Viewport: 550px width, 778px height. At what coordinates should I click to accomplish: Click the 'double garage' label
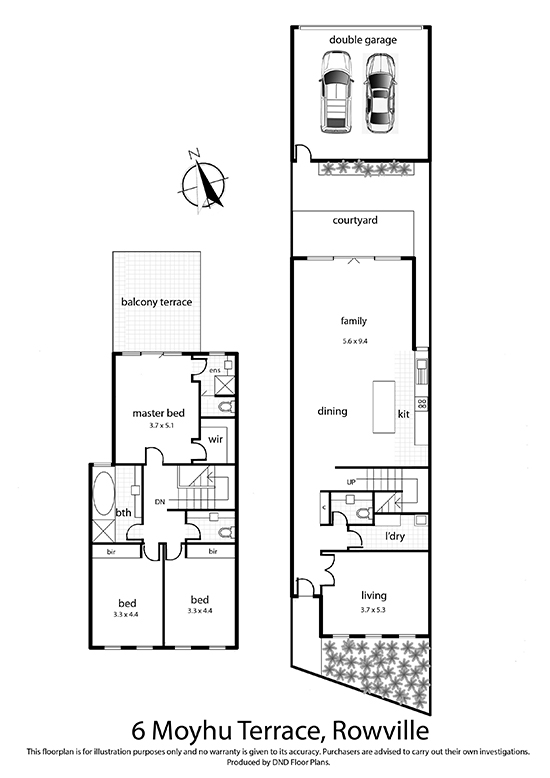363,40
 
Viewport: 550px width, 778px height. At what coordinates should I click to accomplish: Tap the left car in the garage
337,92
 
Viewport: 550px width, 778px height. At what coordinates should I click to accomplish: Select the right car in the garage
380,92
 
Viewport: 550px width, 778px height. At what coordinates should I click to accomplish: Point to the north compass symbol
203,182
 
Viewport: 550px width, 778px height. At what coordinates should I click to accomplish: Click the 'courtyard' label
355,220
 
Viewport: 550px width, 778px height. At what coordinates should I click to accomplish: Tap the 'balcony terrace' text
156,302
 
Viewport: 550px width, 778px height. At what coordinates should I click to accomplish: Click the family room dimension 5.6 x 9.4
354,341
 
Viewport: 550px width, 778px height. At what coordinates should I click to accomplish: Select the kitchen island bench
384,406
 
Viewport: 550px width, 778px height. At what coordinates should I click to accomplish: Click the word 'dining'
332,411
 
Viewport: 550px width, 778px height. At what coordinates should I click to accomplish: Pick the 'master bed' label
158,413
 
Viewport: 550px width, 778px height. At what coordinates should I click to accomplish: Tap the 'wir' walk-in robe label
215,439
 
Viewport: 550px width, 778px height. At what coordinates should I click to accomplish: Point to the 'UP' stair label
350,482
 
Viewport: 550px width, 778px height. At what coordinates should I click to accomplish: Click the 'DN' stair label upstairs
160,502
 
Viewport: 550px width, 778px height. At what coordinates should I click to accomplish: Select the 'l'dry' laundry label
395,536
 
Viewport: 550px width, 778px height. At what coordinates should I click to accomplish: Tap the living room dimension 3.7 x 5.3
373,610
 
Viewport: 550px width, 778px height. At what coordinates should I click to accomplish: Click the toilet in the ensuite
225,407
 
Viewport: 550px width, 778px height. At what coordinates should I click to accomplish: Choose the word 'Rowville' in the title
381,731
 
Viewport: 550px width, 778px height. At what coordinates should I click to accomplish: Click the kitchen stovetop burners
422,404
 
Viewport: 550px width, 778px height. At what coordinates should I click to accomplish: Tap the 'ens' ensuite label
214,371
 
